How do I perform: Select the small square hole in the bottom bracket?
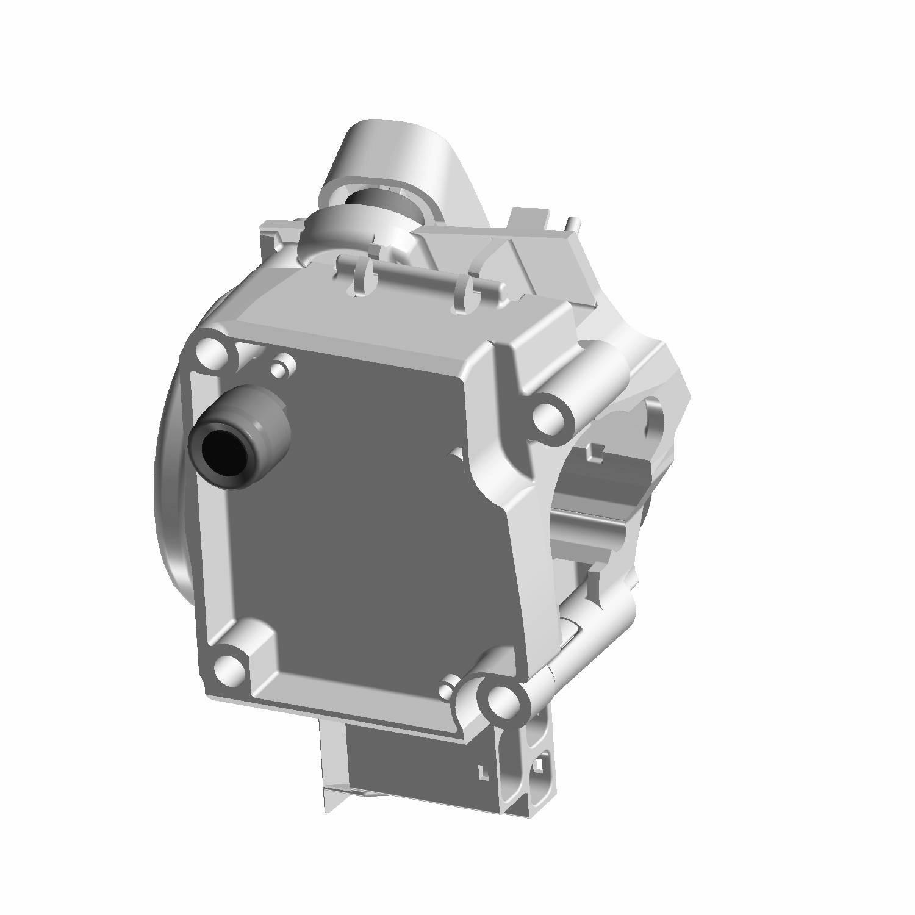[x=540, y=763]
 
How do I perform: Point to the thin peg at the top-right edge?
[x=572, y=224]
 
